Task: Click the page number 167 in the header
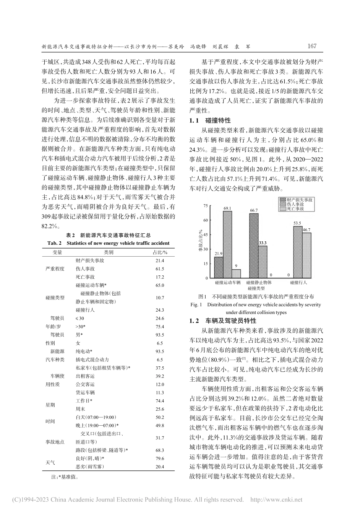coord(312,46)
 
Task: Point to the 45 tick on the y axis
coord(206,235)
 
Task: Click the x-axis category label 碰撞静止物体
coord(259,282)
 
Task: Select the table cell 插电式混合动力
coord(92,359)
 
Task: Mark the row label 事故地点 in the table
coord(55,442)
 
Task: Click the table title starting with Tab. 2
coord(109,243)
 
